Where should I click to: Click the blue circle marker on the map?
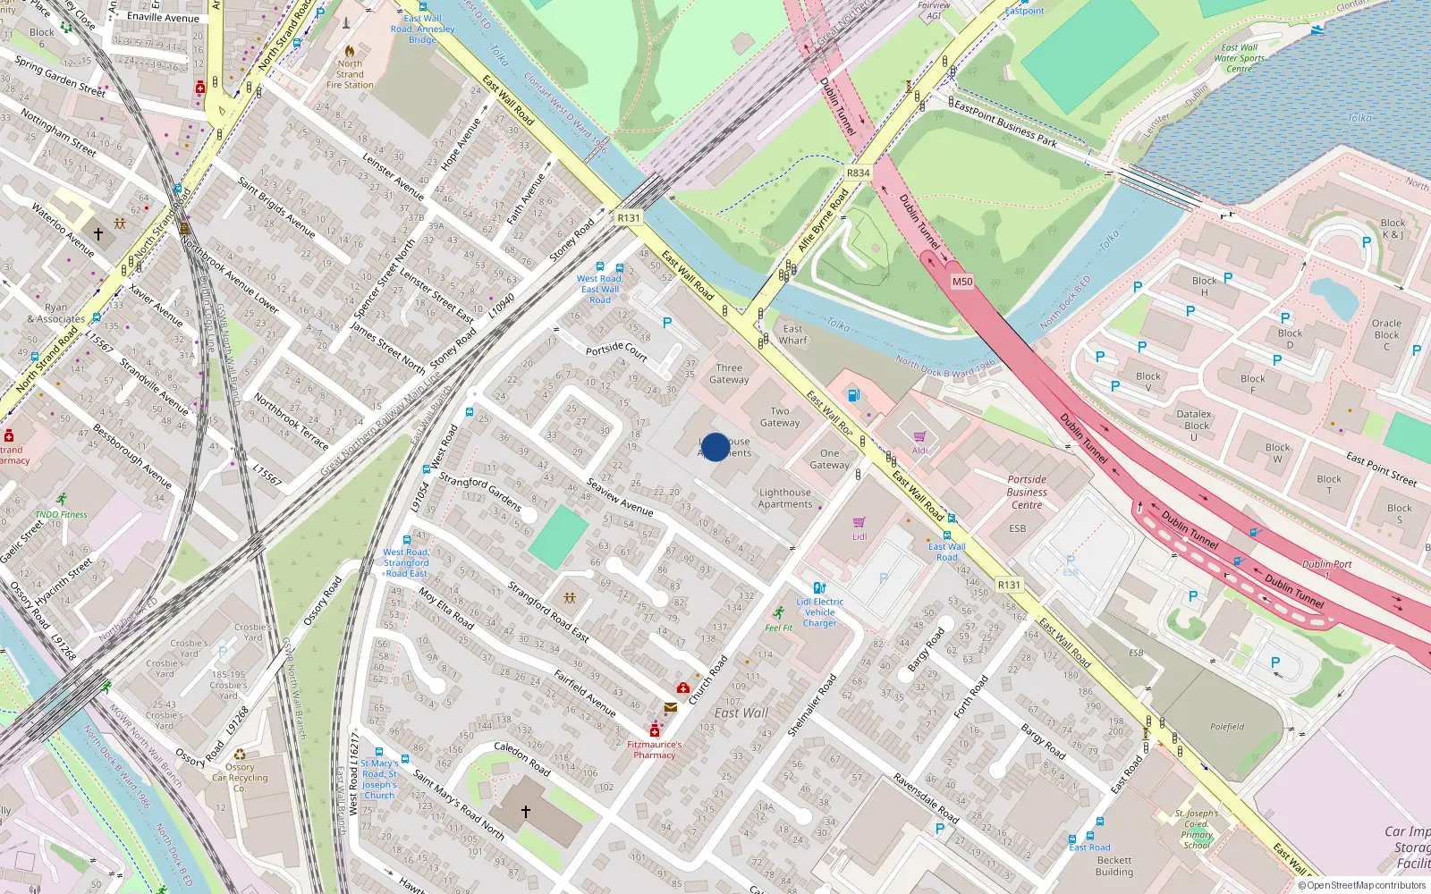(x=715, y=447)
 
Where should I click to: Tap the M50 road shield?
(x=962, y=282)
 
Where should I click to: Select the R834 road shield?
(x=858, y=173)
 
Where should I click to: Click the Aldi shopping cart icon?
(x=919, y=436)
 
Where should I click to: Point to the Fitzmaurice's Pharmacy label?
(x=654, y=749)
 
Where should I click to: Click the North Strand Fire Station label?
(x=350, y=74)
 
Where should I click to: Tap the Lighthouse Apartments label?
(x=785, y=498)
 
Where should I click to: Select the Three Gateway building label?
(x=729, y=374)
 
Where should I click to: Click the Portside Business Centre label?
(x=1027, y=492)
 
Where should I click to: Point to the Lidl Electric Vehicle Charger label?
(x=820, y=612)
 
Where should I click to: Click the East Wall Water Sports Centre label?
(x=1239, y=58)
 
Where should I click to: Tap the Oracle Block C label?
(x=1386, y=334)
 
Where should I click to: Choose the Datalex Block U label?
(x=1194, y=425)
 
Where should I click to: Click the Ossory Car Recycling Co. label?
(x=240, y=777)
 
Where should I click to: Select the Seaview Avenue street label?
(x=620, y=496)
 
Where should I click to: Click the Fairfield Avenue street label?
(x=585, y=692)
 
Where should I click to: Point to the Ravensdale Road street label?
(x=926, y=798)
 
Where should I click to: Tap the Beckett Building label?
(x=1114, y=865)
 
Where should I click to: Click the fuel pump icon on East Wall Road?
(x=853, y=395)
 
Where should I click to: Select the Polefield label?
(x=1227, y=727)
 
